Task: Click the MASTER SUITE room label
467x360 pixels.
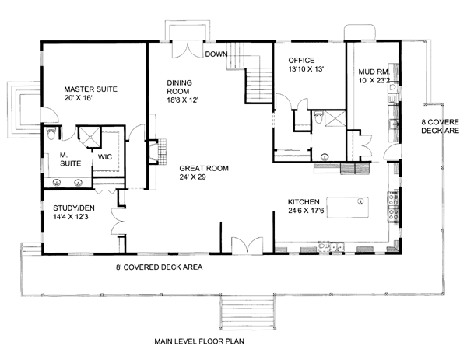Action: click(90, 89)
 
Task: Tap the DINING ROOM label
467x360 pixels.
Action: click(179, 87)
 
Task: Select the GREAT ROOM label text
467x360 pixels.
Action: click(204, 168)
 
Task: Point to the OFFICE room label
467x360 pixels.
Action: click(301, 61)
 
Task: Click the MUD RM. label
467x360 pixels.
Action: click(374, 72)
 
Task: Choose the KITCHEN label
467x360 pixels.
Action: click(304, 201)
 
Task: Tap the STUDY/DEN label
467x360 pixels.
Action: click(74, 208)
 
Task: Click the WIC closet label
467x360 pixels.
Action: click(105, 157)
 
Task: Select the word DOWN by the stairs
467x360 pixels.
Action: click(216, 54)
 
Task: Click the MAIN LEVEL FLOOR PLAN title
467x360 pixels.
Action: click(199, 341)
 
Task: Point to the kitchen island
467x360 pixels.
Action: click(347, 208)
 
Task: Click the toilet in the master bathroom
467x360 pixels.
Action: click(51, 133)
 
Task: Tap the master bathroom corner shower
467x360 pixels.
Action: click(90, 137)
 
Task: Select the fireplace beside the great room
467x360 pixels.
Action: click(158, 152)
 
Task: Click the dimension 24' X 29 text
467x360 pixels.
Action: click(192, 177)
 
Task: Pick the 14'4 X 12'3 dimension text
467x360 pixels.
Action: click(71, 217)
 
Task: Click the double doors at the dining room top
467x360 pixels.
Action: click(188, 49)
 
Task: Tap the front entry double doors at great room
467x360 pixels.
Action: click(248, 246)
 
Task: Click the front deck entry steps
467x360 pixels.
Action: click(248, 312)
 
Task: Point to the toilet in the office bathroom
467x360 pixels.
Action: click(318, 117)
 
